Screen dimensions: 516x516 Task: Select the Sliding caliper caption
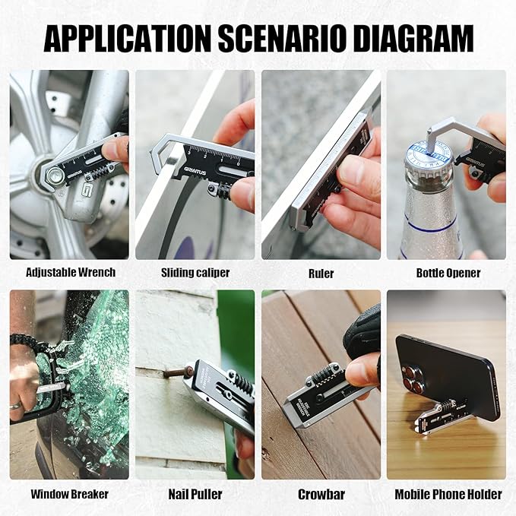tap(195, 272)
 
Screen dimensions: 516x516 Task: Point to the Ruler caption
tap(321, 272)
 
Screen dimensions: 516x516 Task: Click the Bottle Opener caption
tap(448, 272)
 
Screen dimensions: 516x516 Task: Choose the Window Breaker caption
tap(69, 494)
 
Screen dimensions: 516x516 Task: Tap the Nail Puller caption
tap(195, 494)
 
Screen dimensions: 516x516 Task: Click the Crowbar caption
tap(321, 494)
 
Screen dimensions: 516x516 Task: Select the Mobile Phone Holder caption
tap(448, 494)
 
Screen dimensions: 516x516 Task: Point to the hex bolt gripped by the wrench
tap(55, 178)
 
